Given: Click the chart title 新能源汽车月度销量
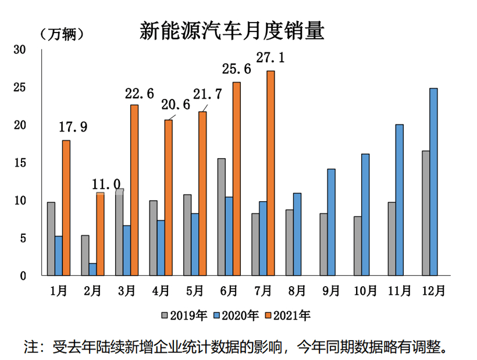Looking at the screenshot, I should click(x=232, y=31).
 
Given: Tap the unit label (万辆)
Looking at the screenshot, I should click(x=65, y=35).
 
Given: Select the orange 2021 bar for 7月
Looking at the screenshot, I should click(x=270, y=173).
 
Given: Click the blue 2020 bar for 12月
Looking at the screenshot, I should click(x=433, y=181).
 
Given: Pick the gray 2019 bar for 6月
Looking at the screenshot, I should click(x=222, y=216).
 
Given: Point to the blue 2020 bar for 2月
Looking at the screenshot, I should click(x=93, y=269).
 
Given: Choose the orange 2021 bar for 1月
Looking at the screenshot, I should click(x=66, y=208).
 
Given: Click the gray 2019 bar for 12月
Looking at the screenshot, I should click(x=426, y=213).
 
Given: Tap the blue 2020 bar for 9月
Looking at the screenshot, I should click(x=331, y=222).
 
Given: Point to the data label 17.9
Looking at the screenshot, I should click(x=73, y=127).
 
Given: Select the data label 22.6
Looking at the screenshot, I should click(x=137, y=93).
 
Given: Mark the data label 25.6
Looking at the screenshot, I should click(x=236, y=70).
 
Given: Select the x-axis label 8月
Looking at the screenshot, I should click(x=297, y=290).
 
